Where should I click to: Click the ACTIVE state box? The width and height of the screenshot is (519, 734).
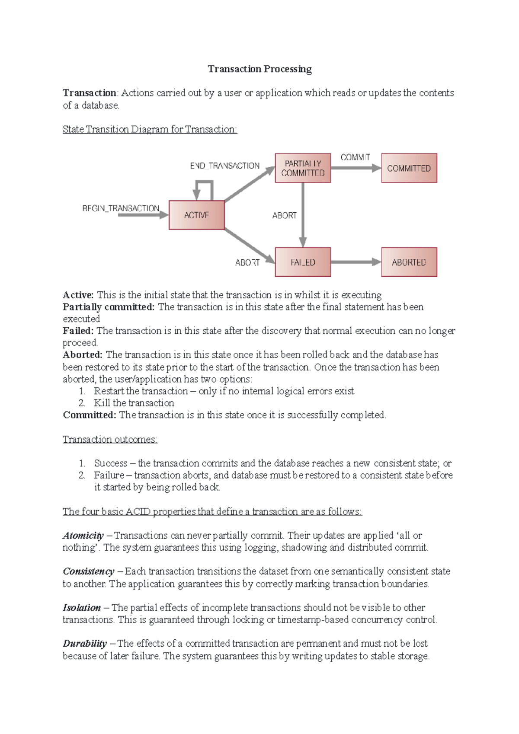click(196, 215)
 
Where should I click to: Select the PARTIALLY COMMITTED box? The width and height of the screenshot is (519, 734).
click(303, 168)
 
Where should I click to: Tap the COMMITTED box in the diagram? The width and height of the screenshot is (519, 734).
click(409, 168)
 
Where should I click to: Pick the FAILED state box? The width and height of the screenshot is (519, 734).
click(303, 262)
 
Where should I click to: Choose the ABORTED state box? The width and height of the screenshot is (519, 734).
click(409, 262)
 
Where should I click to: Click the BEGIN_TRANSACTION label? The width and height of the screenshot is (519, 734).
click(121, 208)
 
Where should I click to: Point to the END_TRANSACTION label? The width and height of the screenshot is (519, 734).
click(224, 166)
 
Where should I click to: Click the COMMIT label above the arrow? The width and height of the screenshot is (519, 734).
click(355, 157)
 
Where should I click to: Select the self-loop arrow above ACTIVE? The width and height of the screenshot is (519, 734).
click(204, 184)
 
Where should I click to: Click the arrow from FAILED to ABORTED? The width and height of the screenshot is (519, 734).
click(356, 262)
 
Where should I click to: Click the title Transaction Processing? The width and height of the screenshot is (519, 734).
click(259, 69)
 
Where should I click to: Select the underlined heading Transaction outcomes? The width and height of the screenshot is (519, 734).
click(110, 439)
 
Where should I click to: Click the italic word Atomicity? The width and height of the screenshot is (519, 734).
click(83, 535)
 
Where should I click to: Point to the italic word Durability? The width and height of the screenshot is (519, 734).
click(85, 643)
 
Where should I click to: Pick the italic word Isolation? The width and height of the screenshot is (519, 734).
click(82, 607)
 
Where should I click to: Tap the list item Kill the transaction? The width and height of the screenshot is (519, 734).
click(134, 403)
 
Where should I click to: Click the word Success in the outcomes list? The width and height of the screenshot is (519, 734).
click(111, 463)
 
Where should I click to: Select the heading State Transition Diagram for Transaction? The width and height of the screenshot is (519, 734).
click(150, 129)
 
